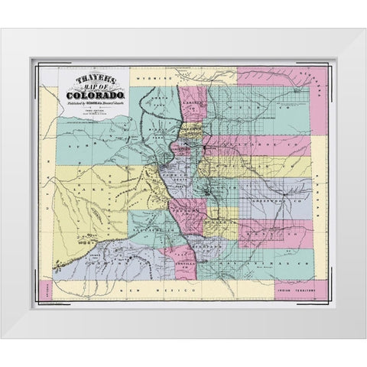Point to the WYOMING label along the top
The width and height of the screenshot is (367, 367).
point(149,78)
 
